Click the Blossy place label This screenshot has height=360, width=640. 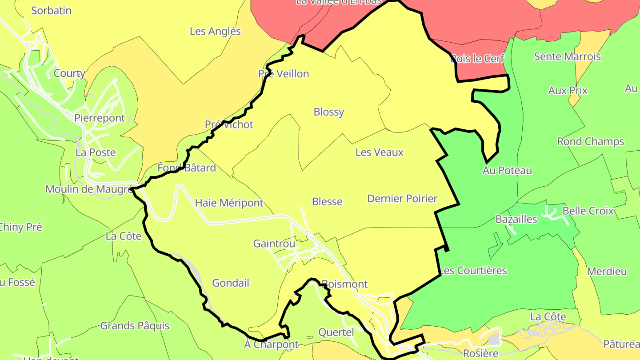tap(329, 112)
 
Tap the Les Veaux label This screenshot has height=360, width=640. tap(380, 152)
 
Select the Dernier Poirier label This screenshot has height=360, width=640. tap(402, 199)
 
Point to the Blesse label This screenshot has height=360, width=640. tap(327, 202)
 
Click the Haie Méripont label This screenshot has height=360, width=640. tap(229, 203)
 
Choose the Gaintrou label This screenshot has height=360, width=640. tap(274, 244)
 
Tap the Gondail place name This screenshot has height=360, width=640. tap(231, 283)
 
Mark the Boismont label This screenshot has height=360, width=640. tap(344, 284)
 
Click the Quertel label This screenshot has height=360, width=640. tap(336, 332)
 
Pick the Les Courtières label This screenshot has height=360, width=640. tap(473, 271)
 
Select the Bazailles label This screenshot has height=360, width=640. tap(516, 220)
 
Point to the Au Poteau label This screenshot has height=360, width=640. tap(507, 171)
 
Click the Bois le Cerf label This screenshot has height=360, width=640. tap(477, 59)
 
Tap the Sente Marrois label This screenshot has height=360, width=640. tap(567, 56)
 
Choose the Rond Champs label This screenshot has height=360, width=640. tap(591, 142)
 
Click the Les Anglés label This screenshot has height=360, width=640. tap(215, 32)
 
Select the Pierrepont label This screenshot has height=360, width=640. tap(100, 118)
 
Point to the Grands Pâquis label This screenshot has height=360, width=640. tap(135, 326)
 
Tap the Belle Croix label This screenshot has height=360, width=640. tap(588, 211)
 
